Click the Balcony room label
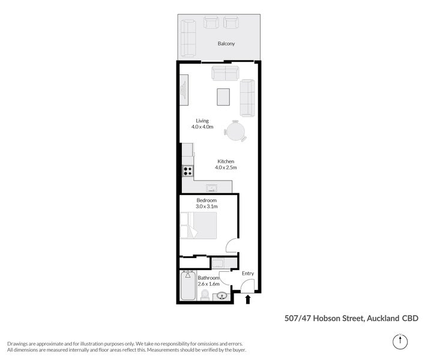(x=226, y=44)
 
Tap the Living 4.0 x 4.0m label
(x=197, y=124)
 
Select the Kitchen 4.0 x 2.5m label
(x=226, y=164)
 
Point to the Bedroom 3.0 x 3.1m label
(x=206, y=203)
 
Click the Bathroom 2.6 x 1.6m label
(x=209, y=281)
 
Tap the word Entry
(x=248, y=274)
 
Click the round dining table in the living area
(x=235, y=131)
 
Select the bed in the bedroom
(x=198, y=226)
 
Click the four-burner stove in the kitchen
(x=188, y=171)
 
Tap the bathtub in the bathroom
(x=187, y=287)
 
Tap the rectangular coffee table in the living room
(x=223, y=97)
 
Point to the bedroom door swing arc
(x=231, y=246)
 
